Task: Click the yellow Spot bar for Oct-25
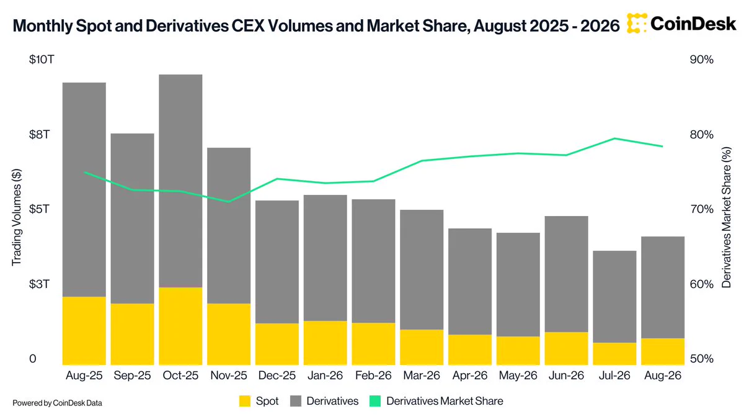180,326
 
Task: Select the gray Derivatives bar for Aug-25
84,189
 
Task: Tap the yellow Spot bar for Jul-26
614,354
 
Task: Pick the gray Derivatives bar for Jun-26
566,274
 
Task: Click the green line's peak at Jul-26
614,138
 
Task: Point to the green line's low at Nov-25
229,202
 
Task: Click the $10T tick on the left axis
42,60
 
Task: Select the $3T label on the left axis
39,284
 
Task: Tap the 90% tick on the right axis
701,60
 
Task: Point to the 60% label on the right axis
701,284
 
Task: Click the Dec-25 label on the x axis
277,376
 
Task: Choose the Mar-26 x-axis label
422,376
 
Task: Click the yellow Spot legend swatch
245,401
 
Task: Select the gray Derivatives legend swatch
296,401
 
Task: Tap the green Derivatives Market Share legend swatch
375,401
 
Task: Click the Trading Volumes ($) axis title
16,217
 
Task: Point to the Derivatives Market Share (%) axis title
727,217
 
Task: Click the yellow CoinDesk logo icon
637,24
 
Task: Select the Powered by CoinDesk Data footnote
57,403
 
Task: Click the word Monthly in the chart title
43,26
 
